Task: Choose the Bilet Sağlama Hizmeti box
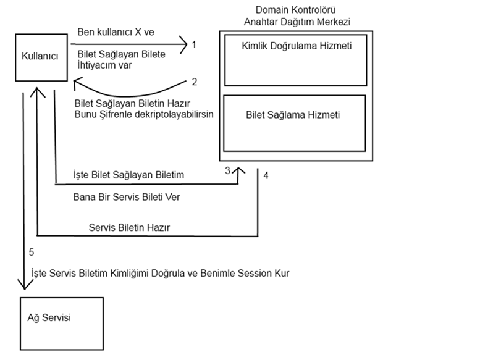(x=293, y=123)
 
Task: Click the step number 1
(x=194, y=44)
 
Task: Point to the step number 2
(x=194, y=82)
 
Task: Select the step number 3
(x=228, y=170)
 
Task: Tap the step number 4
(x=266, y=175)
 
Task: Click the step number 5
(x=32, y=252)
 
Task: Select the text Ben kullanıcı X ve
(x=116, y=32)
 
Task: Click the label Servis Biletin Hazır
(x=129, y=227)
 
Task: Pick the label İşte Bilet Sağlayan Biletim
(x=128, y=176)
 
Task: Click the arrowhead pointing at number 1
(x=182, y=44)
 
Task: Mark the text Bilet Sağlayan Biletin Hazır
(x=132, y=103)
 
